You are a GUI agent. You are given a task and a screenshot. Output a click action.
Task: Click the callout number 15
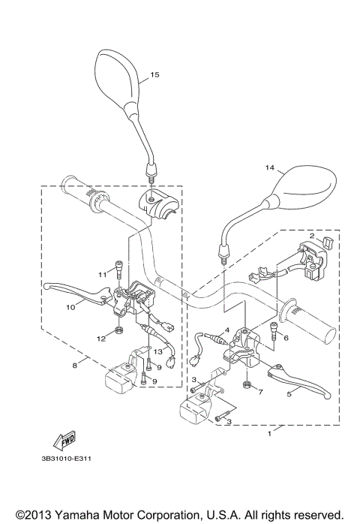point(155,75)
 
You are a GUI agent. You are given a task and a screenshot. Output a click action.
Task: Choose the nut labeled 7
point(246,386)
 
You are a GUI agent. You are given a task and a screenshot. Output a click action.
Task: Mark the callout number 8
point(73,366)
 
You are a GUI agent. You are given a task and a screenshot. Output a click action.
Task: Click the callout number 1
point(270,433)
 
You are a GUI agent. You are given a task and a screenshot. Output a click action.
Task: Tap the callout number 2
point(308,236)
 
